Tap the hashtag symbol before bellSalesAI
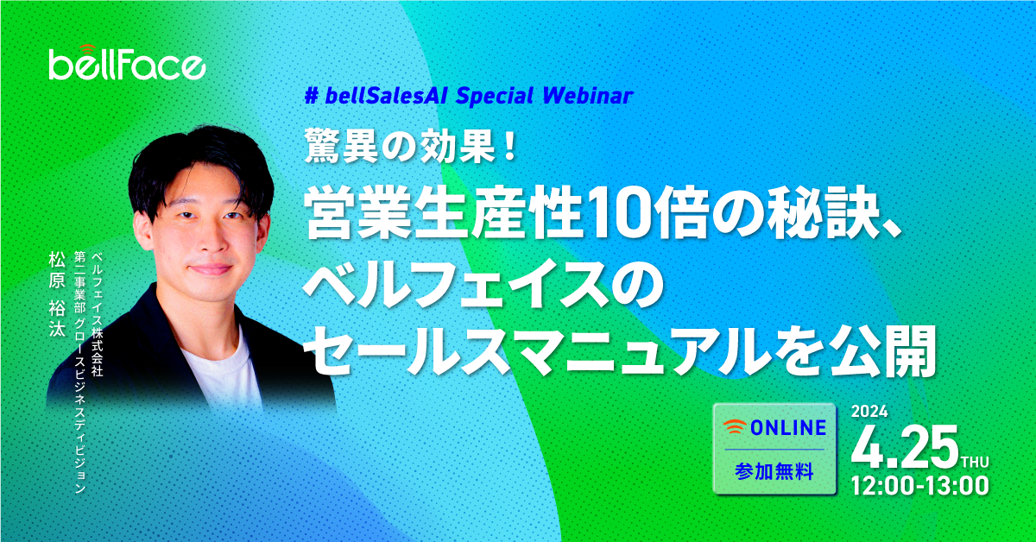pyautogui.click(x=313, y=96)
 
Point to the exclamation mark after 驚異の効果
pyautogui.click(x=510, y=147)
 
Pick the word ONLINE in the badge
pyautogui.click(x=788, y=428)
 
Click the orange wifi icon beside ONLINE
pyautogui.click(x=735, y=426)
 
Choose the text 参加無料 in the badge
pyautogui.click(x=774, y=472)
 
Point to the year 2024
pyautogui.click(x=869, y=412)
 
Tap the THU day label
pyautogui.click(x=975, y=462)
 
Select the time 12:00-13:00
pyautogui.click(x=919, y=487)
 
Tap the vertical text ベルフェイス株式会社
pyautogui.click(x=97, y=314)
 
